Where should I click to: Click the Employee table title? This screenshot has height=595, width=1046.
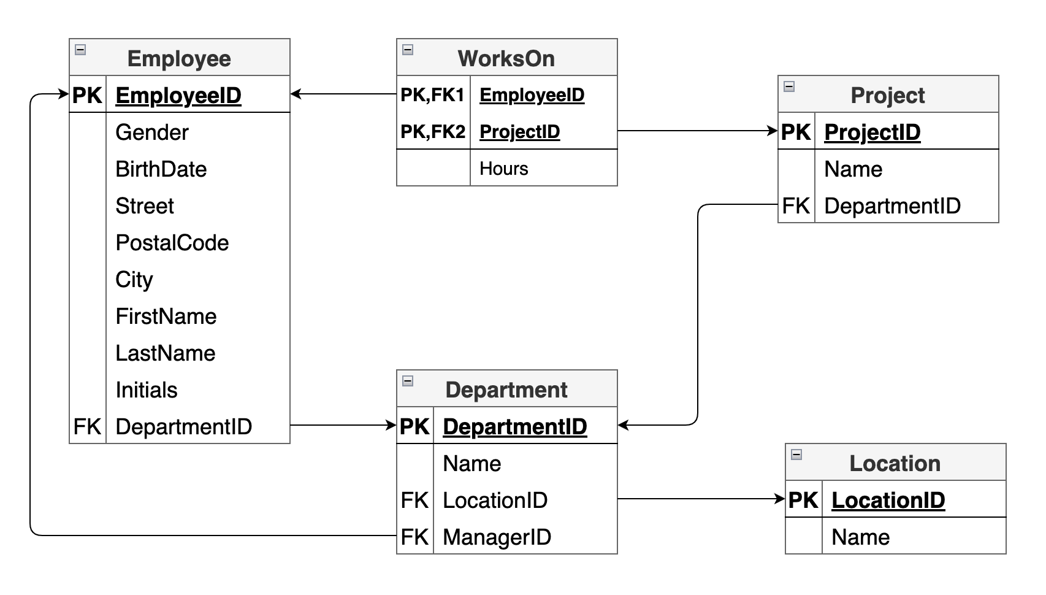[x=179, y=58]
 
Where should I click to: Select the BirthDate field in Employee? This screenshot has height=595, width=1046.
[x=161, y=169]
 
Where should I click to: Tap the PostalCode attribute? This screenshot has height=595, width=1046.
[x=172, y=243]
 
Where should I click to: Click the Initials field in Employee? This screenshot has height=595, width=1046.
[x=146, y=390]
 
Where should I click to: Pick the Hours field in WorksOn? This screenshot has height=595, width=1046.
[x=503, y=169]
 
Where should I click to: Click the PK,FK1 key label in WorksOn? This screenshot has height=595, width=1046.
[x=432, y=95]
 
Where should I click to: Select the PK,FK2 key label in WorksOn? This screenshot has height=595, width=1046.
[x=432, y=132]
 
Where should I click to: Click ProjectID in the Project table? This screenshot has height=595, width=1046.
[x=872, y=132]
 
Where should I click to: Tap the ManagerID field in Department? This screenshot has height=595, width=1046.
[x=497, y=537]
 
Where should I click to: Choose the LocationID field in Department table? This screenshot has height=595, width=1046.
[x=495, y=501]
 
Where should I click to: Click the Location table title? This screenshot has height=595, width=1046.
[x=895, y=463]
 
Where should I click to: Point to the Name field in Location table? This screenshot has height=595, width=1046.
[x=860, y=537]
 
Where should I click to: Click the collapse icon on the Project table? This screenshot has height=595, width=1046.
[x=790, y=86]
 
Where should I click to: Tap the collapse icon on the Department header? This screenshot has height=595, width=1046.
[x=408, y=381]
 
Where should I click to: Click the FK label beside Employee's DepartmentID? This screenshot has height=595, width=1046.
[x=86, y=427]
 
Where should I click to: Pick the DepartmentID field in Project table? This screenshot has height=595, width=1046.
[x=892, y=206]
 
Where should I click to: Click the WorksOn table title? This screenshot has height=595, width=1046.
[x=506, y=58]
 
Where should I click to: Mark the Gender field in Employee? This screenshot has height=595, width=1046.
[x=151, y=132]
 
